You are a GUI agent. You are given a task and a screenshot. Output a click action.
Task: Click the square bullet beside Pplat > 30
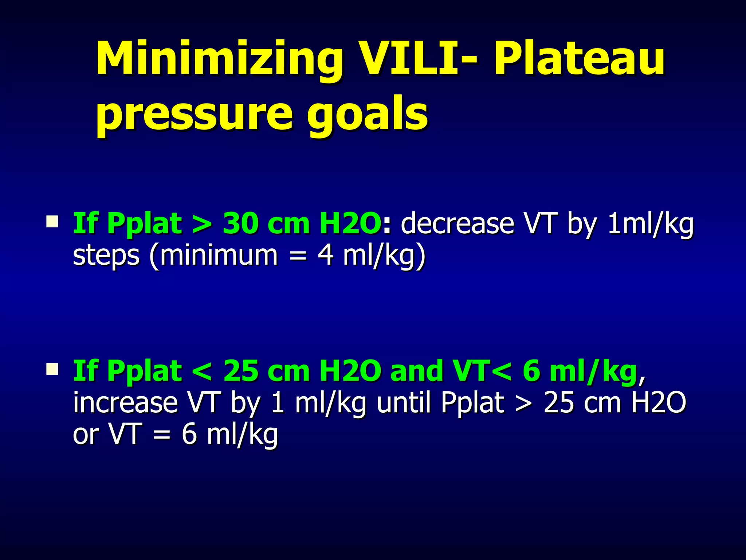tap(52, 221)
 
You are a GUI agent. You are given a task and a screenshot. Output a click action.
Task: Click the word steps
tap(106, 255)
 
